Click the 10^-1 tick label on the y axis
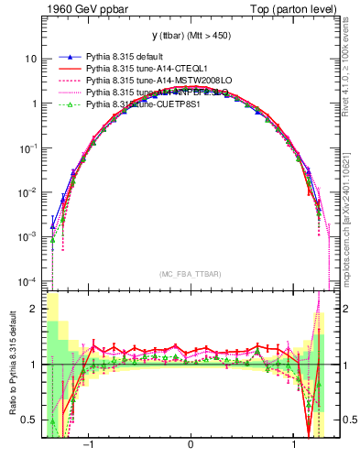click(x=28, y=147)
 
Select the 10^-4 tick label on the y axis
click(x=28, y=280)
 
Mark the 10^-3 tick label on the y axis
click(x=28, y=236)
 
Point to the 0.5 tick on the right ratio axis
click(x=346, y=420)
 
